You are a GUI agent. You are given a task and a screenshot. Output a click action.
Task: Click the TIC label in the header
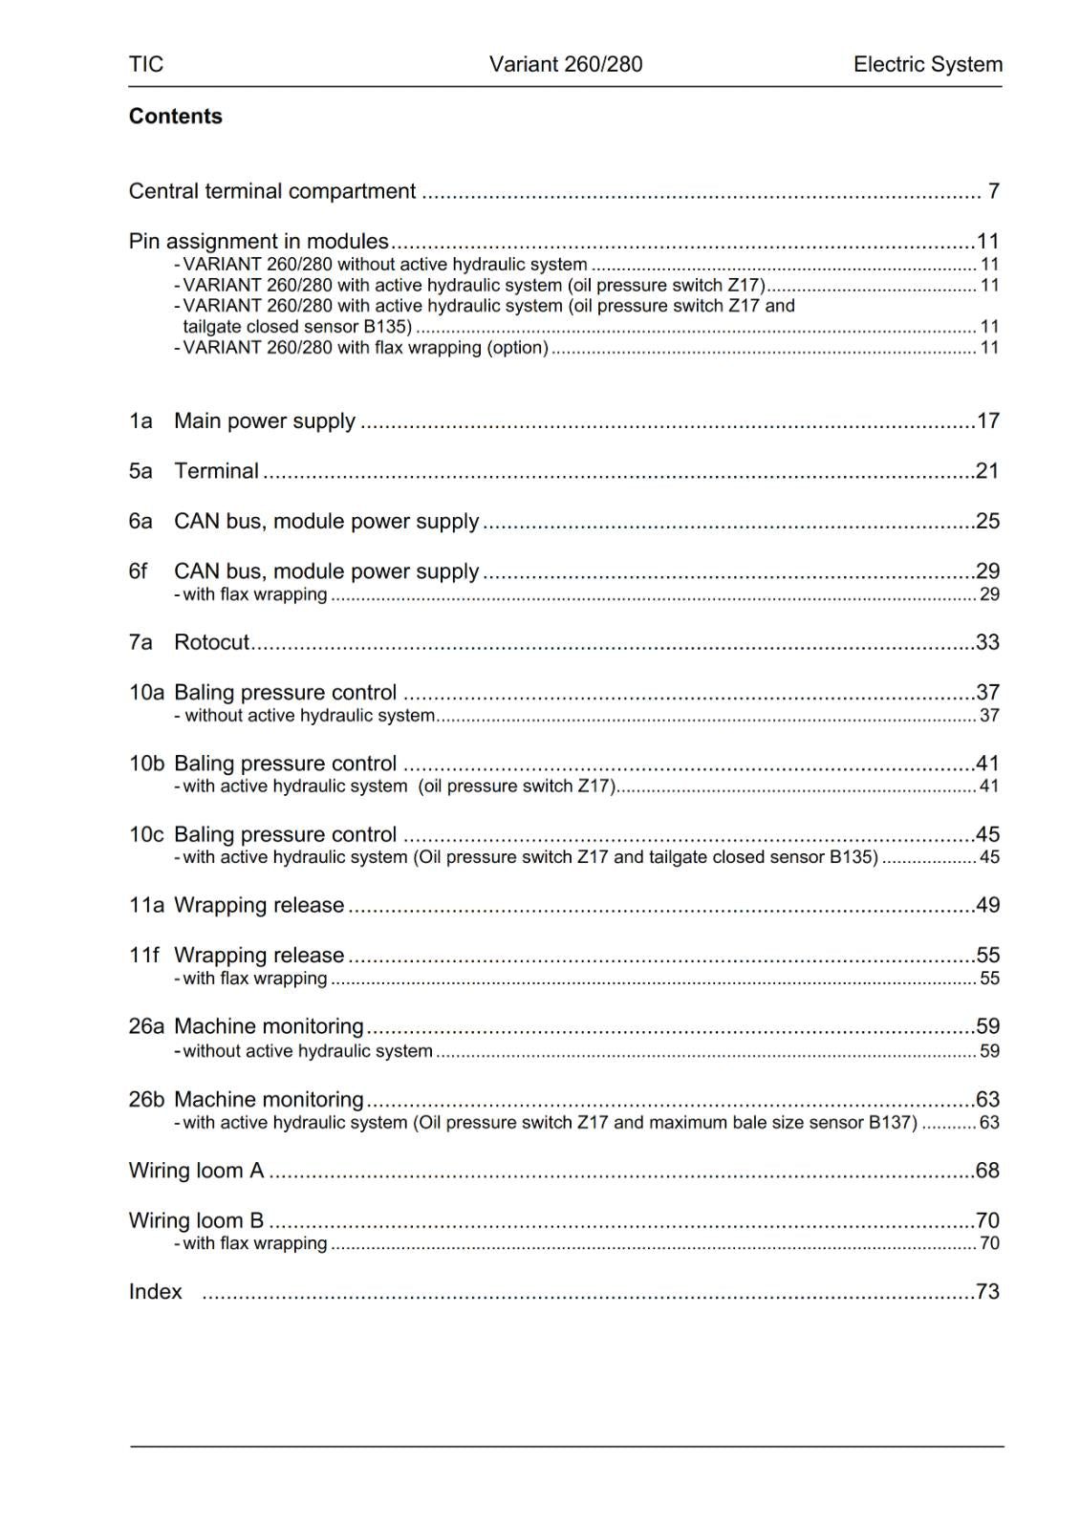coord(146,64)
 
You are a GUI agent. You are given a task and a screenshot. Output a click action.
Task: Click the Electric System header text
coord(927,64)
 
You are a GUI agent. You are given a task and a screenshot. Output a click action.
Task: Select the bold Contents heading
coord(176,117)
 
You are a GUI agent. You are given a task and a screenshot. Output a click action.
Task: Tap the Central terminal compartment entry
coord(272,191)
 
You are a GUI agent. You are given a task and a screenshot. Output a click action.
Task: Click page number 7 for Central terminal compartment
coord(993,191)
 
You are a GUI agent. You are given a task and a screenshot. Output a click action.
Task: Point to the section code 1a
coord(140,421)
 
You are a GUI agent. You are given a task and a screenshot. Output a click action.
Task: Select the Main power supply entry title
coord(265,421)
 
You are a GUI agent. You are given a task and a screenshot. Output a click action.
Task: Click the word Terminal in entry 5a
coord(216,471)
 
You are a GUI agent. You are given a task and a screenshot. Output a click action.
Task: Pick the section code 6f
coord(139,571)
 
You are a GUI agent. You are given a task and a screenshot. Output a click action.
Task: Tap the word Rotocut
coord(211,642)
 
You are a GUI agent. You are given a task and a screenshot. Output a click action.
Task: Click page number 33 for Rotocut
coord(987,642)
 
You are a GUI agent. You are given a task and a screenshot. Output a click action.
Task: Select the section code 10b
coord(146,764)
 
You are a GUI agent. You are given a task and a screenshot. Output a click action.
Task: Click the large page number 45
coord(987,834)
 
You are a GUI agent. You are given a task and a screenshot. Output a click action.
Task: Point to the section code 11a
coord(146,905)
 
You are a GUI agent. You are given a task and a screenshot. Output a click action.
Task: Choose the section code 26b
coord(146,1100)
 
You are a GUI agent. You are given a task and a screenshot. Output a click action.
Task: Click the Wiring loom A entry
coord(196,1171)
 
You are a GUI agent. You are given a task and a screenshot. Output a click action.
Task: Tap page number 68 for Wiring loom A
coord(987,1171)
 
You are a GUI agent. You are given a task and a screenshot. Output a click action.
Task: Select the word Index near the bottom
coord(155,1292)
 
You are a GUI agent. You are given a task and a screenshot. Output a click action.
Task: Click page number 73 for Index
coord(987,1292)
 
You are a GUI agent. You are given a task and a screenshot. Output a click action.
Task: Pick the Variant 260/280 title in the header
coord(566,64)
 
